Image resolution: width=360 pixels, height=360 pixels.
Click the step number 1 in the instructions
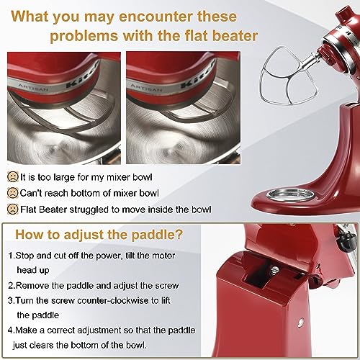(x=12, y=255)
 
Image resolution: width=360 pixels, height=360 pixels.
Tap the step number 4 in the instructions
(x=12, y=330)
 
